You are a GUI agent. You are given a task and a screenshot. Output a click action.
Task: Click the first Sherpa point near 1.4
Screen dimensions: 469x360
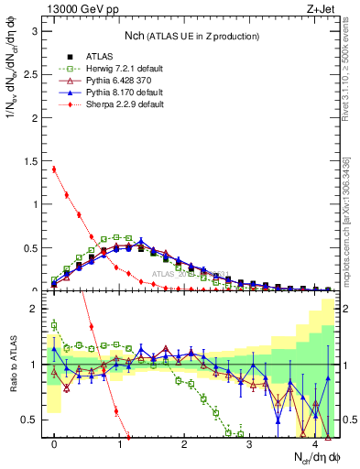pos(54,169)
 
